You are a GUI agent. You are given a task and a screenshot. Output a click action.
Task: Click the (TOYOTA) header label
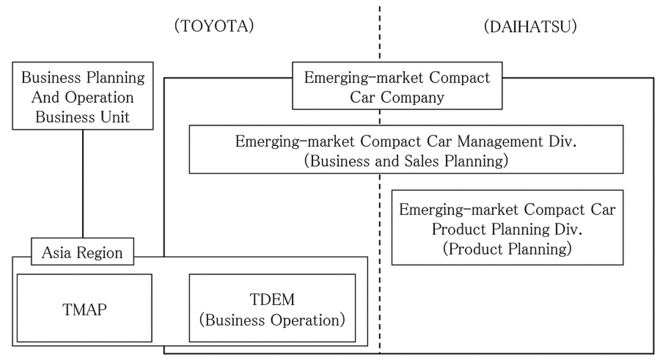point(214,27)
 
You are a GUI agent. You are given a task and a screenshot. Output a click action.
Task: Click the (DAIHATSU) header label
point(530,27)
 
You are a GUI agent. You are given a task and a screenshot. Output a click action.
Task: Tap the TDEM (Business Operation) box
point(272,308)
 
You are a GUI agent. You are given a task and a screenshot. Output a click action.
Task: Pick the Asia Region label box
point(82,252)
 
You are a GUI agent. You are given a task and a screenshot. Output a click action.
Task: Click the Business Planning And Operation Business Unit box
point(82,96)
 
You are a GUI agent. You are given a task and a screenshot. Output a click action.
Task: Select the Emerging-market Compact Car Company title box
point(397,86)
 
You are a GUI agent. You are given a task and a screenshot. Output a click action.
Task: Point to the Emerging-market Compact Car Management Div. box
point(406,150)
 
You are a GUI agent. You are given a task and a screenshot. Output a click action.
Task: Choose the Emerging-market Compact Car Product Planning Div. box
point(507,227)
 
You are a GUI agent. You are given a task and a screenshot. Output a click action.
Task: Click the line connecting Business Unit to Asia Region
point(82,183)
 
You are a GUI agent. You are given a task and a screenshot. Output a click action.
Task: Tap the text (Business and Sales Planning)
point(406,160)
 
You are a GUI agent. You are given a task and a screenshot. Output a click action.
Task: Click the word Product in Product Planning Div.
point(460,228)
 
